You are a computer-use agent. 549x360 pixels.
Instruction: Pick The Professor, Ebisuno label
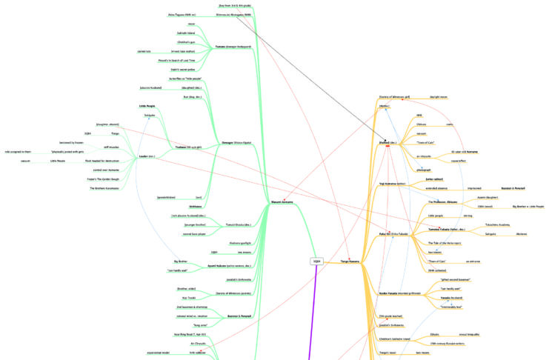point(446,201)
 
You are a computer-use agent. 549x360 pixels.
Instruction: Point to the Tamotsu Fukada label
point(446,230)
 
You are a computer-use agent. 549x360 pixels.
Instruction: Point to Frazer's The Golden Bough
point(104,179)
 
